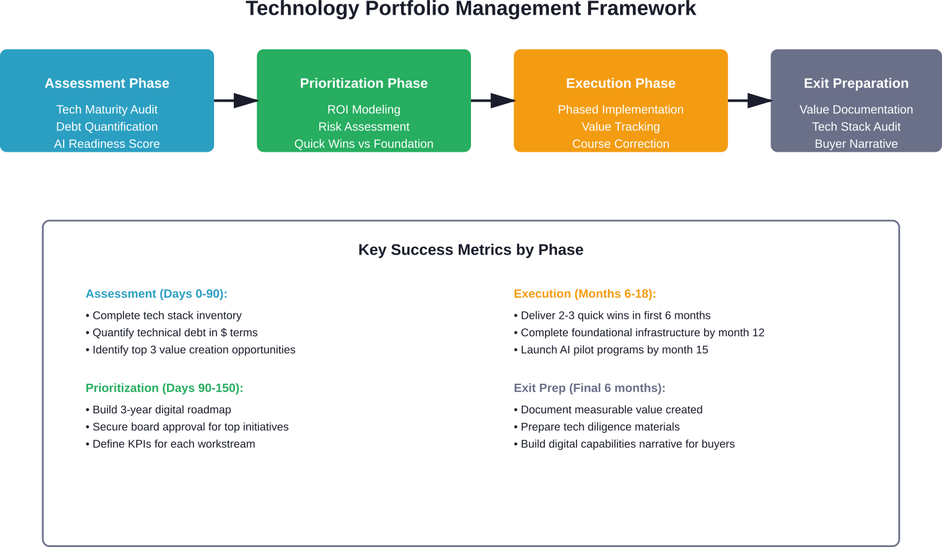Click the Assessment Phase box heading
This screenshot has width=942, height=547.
coord(107,84)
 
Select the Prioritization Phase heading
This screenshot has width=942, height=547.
coord(364,84)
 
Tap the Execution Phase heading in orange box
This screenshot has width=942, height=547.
coord(621,84)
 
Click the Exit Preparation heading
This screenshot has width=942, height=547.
coord(856,84)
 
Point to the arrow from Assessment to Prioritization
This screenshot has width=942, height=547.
coord(236,100)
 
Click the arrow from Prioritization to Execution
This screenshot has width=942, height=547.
coord(493,100)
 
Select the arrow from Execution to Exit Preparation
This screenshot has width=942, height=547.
coord(750,100)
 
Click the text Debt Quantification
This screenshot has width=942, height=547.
coord(107,127)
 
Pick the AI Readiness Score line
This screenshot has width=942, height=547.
coord(107,144)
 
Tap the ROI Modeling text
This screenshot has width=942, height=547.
coord(364,110)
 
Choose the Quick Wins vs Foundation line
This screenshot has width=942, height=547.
coord(364,144)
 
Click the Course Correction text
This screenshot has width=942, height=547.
coord(621,144)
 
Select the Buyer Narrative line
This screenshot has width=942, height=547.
coord(856,144)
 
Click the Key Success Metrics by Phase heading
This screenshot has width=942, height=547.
coord(471,250)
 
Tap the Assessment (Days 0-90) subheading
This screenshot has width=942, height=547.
coord(156,294)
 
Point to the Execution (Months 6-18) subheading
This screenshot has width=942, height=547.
coord(584,294)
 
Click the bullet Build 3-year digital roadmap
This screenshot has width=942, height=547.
coord(161,410)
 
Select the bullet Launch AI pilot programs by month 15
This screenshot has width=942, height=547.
coord(614,350)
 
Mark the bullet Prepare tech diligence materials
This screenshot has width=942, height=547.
coord(600,427)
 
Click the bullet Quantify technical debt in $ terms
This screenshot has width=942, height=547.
coord(175,333)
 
